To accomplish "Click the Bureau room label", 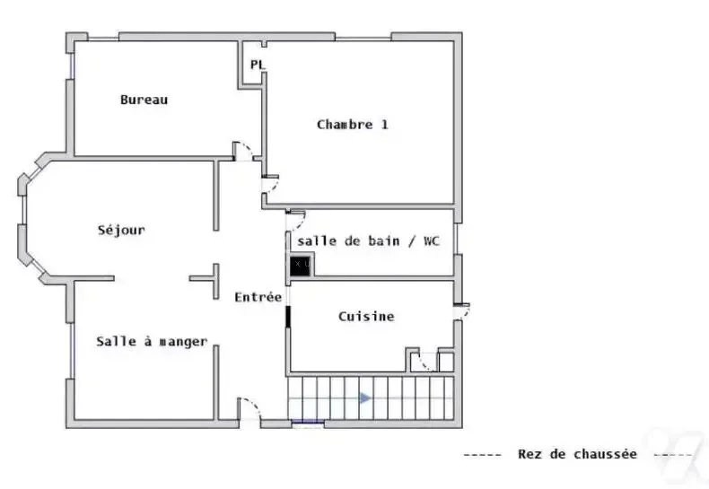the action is (x=144, y=100).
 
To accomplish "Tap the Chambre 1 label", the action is (x=353, y=125).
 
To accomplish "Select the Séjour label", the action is (x=122, y=230).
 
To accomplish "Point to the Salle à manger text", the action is (x=152, y=341).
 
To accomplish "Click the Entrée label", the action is (x=258, y=297).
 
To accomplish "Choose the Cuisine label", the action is (x=366, y=317).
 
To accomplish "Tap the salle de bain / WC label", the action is (x=368, y=240).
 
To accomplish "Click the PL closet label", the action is (x=257, y=65).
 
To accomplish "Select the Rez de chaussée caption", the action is (x=577, y=454).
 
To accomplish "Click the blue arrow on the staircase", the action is (x=365, y=398).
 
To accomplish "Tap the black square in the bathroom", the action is (x=300, y=266).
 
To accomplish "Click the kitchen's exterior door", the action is (x=464, y=312).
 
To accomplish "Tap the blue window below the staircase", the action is (x=308, y=423).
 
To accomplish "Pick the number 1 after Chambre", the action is (x=385, y=125).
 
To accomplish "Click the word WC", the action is (x=432, y=240).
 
